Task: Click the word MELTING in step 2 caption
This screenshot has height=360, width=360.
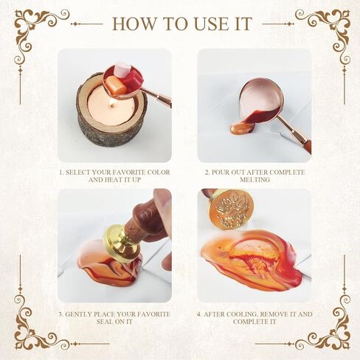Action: point(255,180)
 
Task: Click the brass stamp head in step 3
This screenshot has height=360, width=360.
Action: point(124,242)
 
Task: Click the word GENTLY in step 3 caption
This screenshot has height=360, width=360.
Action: point(78,314)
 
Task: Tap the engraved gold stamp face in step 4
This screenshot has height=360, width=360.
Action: point(230,209)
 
